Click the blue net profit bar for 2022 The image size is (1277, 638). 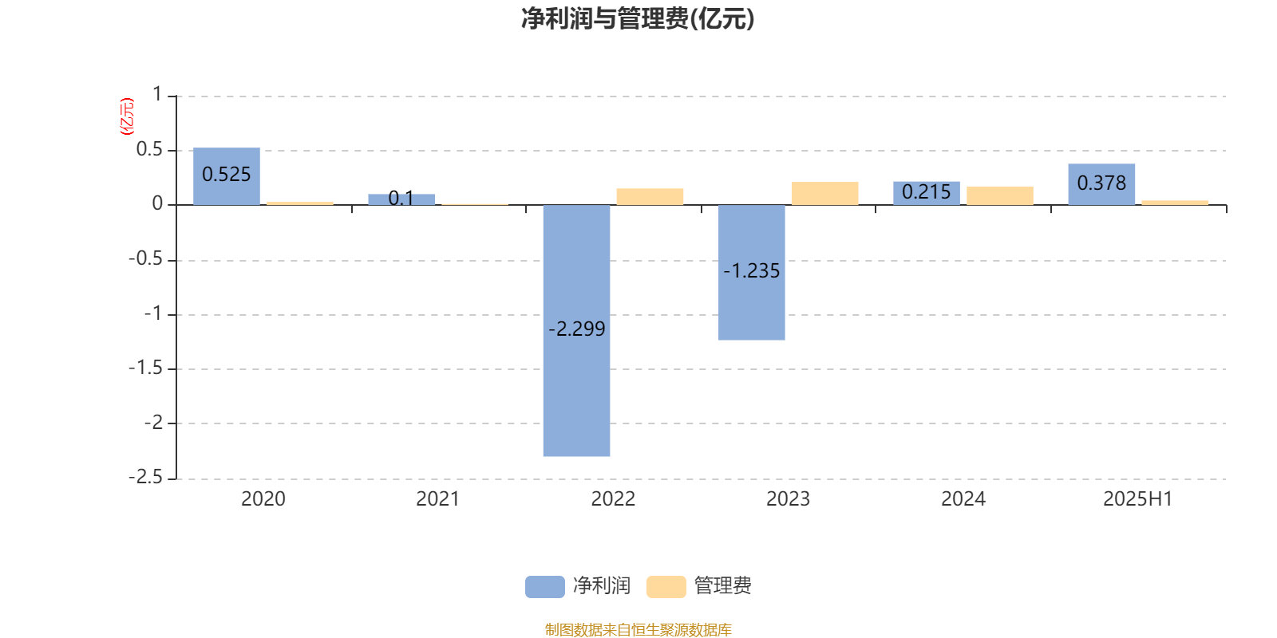576,330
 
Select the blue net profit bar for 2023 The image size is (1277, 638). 751,272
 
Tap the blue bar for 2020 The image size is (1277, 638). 227,176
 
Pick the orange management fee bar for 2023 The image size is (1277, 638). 825,194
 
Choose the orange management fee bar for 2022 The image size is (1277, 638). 650,196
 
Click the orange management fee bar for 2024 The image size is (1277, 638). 1000,195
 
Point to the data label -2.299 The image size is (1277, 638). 576,329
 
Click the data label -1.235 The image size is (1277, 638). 751,270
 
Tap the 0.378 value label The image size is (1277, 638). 1101,183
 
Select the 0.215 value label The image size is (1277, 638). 927,192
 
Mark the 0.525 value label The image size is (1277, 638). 227,175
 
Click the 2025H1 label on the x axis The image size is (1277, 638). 1138,499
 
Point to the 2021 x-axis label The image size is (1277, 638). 438,499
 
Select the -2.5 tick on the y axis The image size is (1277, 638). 145,478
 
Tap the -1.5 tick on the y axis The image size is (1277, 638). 145,368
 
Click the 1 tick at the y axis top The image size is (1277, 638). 157,94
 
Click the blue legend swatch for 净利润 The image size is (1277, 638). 545,587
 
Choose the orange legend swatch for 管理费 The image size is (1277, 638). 666,587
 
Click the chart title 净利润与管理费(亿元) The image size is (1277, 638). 638,18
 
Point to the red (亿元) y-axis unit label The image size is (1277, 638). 127,116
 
